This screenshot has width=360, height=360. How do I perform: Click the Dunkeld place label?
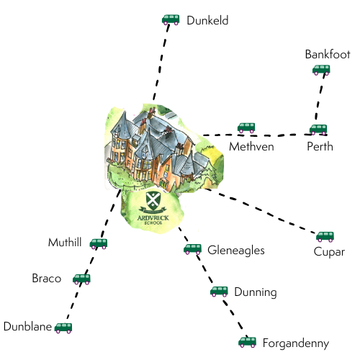click(207, 21)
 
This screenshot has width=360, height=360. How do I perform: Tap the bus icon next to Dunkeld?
click(171, 20)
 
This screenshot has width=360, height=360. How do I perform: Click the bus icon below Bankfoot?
click(321, 70)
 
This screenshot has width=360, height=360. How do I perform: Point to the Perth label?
click(320, 146)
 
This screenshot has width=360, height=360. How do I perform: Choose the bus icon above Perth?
click(318, 130)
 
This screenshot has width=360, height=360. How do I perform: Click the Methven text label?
click(251, 146)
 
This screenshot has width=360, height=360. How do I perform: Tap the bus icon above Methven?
click(246, 128)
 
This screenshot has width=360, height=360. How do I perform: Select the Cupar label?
click(329, 252)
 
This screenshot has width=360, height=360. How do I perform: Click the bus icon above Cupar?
click(325, 236)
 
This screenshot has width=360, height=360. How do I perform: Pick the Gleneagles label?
click(236, 251)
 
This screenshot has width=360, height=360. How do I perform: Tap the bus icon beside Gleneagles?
click(192, 249)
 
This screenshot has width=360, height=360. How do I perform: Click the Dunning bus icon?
click(219, 292)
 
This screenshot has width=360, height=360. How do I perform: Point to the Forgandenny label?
click(296, 343)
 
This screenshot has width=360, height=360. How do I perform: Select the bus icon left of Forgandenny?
click(248, 342)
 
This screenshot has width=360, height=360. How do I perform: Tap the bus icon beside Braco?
click(81, 279)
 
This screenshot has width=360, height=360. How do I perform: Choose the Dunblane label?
click(27, 327)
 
